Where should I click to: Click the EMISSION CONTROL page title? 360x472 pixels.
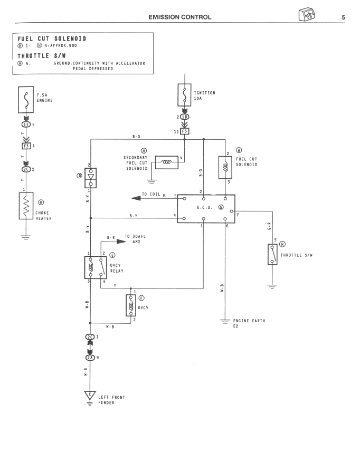(181, 17)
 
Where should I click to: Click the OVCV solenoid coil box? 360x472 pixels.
(131, 305)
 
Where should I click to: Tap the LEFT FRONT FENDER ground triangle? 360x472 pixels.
(91, 394)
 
